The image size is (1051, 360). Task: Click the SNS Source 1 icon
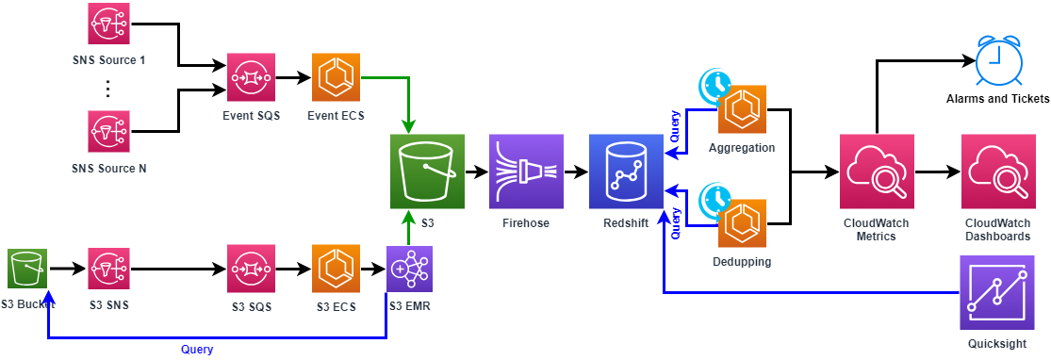point(109,24)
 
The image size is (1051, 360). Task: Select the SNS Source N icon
point(109,132)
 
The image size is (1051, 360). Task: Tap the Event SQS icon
point(251,77)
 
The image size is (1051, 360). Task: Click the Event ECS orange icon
point(337,77)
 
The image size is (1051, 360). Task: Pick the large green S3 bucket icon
point(427,172)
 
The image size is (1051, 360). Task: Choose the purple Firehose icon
point(526,172)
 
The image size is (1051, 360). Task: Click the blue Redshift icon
point(626,172)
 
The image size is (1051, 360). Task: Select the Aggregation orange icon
point(742,109)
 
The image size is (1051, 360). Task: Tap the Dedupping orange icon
point(742,223)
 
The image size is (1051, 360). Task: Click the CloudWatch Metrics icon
point(877,172)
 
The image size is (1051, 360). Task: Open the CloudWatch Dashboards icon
point(997,172)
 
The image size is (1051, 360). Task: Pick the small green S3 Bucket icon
point(26,270)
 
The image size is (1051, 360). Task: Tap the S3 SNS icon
point(109,270)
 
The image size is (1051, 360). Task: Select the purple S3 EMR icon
point(410,269)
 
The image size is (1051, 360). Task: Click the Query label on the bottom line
point(197,349)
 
